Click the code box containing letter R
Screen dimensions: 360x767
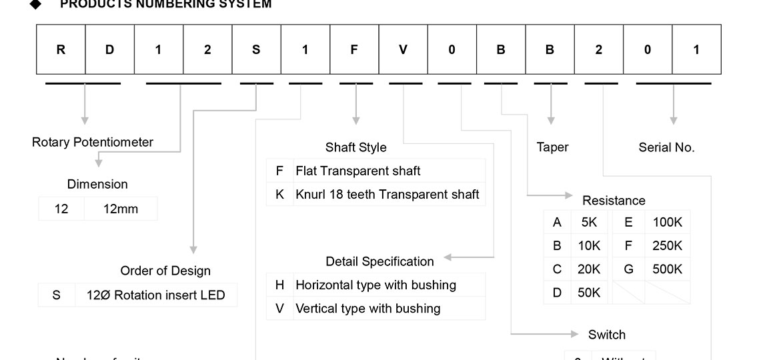coord(61,49)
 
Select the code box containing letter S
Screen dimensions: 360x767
coord(256,49)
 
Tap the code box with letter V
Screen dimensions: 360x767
coord(403,49)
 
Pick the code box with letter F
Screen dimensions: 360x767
coord(354,49)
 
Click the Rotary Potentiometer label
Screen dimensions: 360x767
coord(92,142)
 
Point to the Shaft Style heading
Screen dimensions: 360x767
coord(355,147)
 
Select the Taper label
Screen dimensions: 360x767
coord(552,147)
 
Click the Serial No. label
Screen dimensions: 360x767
coord(666,147)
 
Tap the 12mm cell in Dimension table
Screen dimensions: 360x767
coord(121,209)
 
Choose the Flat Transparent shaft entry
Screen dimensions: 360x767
coord(357,171)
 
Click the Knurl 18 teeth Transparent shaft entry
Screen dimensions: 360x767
coord(387,195)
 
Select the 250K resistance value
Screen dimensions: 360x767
coord(667,245)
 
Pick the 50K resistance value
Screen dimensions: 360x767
coord(589,293)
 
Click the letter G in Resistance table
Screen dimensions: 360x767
coord(628,269)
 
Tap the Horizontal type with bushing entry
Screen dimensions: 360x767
coord(375,285)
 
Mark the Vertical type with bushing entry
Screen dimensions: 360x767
coord(367,309)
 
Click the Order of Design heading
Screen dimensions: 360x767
coord(165,271)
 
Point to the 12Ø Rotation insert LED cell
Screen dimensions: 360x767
coord(155,295)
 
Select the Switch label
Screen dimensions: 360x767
coord(606,335)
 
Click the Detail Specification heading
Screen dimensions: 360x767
coord(379,261)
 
